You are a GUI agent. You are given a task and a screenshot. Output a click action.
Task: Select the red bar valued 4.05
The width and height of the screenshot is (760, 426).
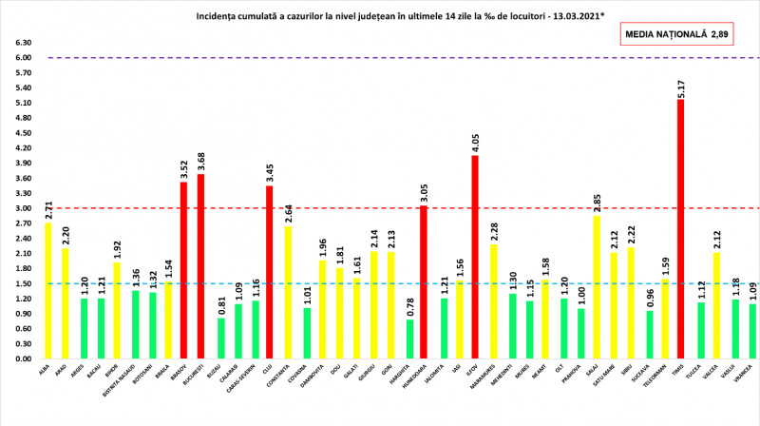475,257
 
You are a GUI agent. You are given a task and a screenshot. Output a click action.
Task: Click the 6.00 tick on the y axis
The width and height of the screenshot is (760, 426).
22,58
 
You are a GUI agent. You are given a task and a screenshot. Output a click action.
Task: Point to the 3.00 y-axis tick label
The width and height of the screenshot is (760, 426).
22,208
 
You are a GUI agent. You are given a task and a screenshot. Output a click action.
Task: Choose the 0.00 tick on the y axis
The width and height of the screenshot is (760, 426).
22,359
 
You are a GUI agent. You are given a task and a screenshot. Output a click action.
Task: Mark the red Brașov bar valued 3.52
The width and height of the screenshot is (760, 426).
184,271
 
